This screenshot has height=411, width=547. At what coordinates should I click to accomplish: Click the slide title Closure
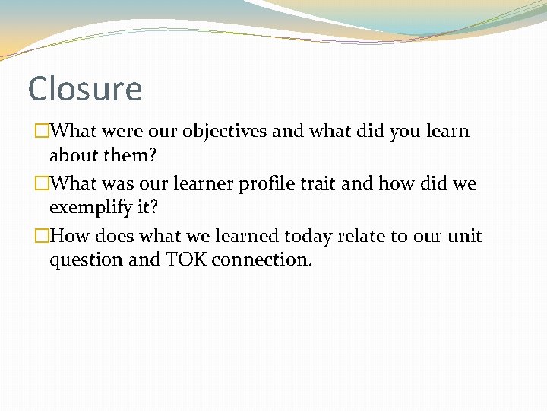[84, 89]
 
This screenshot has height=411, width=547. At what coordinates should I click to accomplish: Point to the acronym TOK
[185, 260]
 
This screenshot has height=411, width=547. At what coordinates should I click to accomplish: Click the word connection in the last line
[261, 260]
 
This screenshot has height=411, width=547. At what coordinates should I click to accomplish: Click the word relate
[362, 236]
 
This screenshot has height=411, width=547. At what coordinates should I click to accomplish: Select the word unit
[465, 236]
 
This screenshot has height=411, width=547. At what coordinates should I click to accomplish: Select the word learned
[245, 236]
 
